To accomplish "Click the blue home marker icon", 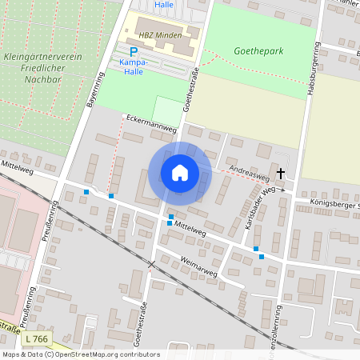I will (x=180, y=173).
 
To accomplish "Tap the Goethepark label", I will (x=258, y=50).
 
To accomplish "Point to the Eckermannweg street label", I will (x=151, y=124).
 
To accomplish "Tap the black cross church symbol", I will (x=281, y=174).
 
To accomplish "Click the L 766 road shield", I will (x=37, y=341).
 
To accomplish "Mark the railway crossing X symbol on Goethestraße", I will (x=151, y=264).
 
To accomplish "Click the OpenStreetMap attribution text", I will (x=80, y=354).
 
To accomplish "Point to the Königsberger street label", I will (x=334, y=205).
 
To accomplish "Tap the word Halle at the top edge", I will (x=164, y=4).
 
